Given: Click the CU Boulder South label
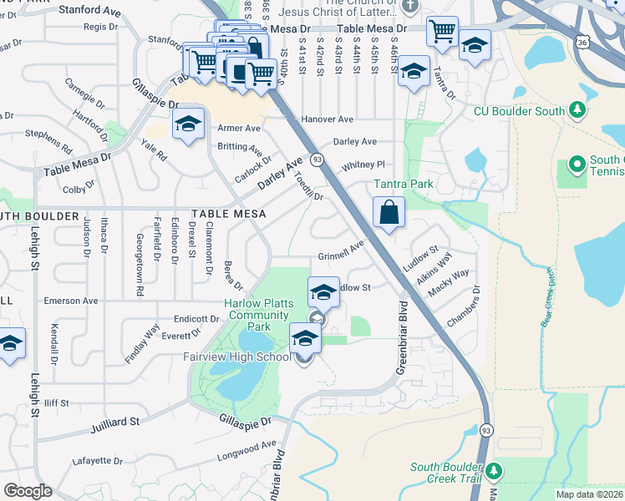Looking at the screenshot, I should tap(519, 111).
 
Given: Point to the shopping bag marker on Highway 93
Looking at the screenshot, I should tap(389, 213).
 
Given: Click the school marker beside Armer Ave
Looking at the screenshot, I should tap(189, 126).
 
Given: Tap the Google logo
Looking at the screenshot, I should tap(27, 491).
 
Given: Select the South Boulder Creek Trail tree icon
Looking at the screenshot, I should tap(494, 470).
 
